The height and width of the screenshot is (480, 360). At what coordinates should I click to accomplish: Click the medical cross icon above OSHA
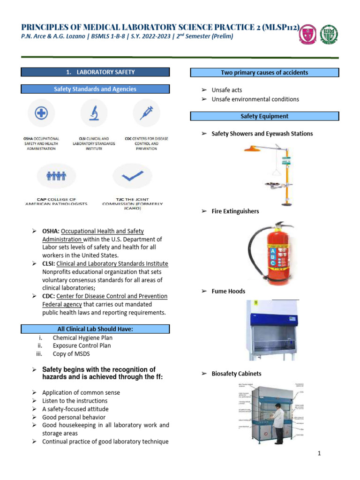(x=42, y=113)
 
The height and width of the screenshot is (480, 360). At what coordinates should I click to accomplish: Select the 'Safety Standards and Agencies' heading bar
(x=95, y=89)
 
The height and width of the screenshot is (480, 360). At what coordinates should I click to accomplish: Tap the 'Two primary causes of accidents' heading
(x=264, y=73)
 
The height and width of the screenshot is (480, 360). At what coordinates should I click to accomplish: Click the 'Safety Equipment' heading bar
(x=264, y=116)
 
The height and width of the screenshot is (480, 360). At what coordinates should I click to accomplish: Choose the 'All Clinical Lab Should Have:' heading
(x=95, y=330)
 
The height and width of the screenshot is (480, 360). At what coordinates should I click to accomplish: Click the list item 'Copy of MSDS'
(x=72, y=354)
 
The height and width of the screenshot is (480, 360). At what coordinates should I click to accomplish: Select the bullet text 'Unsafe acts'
(x=227, y=90)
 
